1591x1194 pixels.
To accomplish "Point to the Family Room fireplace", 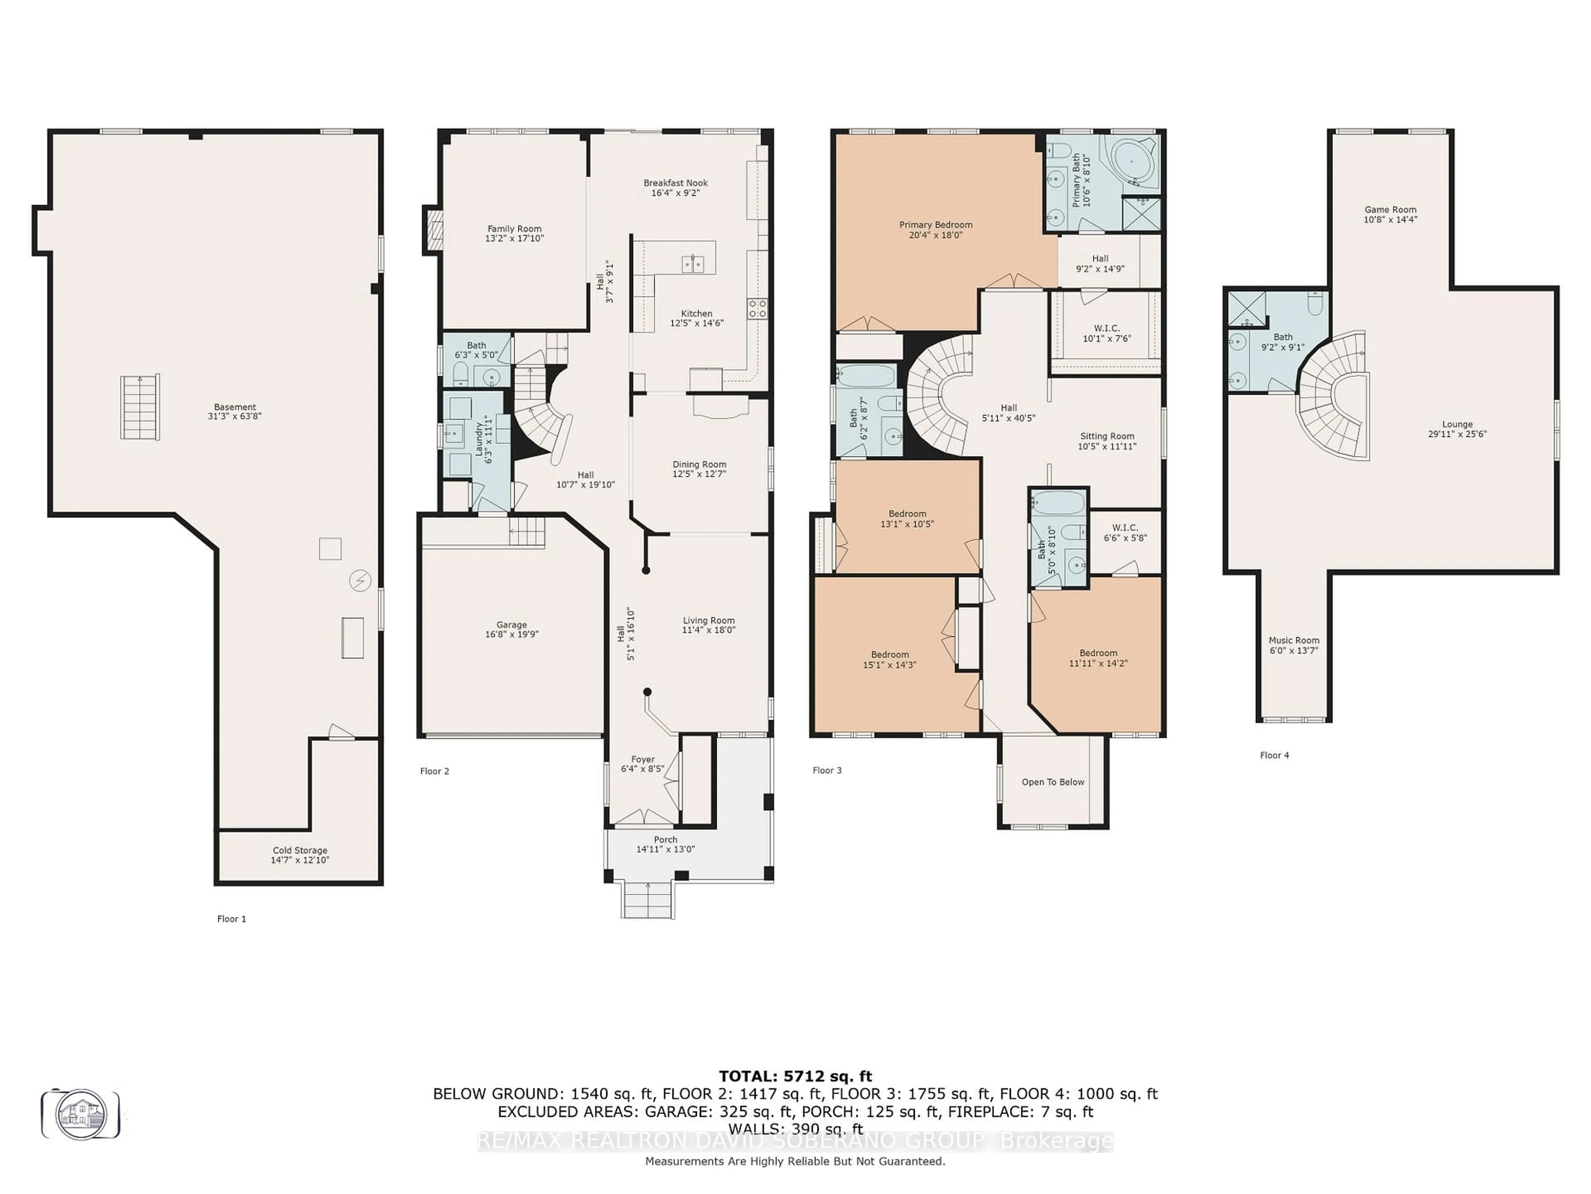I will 433,231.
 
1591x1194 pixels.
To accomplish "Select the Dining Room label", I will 699,464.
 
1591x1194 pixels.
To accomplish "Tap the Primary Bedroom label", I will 936,225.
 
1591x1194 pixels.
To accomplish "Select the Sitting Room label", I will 1107,436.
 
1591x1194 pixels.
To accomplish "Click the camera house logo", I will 80,1114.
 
